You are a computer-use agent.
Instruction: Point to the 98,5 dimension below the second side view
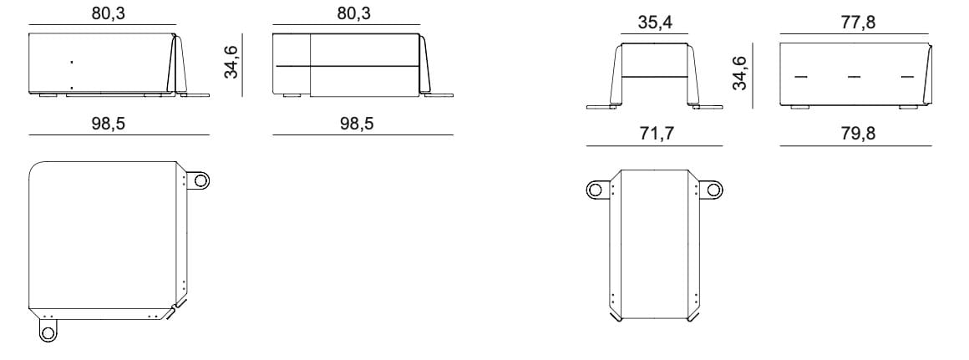(x=357, y=123)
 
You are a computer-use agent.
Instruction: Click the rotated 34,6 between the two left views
(x=231, y=63)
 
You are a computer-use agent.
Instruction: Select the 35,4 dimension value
(x=654, y=23)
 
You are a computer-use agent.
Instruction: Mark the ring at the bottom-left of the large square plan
(x=48, y=333)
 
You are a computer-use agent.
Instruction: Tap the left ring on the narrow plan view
(x=595, y=189)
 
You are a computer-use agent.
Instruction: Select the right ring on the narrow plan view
(x=713, y=189)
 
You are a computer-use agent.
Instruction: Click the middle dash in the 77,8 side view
(x=854, y=77)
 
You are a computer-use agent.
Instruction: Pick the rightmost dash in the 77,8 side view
(x=908, y=77)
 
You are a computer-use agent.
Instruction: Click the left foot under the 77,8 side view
(x=800, y=109)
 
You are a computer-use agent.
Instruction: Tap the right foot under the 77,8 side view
(x=908, y=109)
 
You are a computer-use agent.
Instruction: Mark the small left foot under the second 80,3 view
(x=292, y=97)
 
